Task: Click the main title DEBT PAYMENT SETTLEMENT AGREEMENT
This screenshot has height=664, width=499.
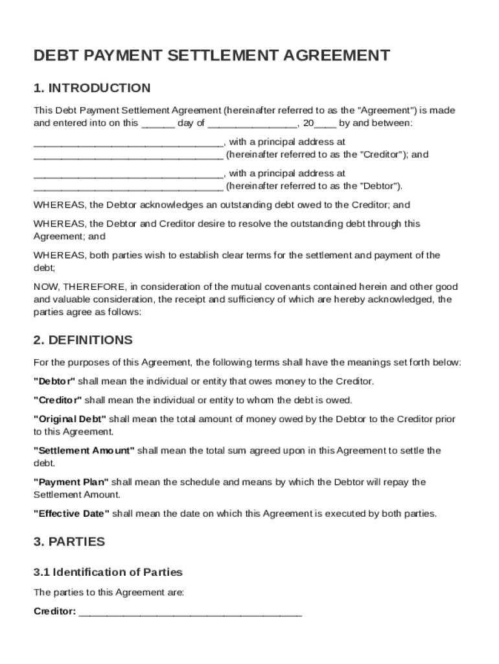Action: pos(212,56)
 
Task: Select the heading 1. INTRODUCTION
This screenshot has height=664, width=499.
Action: pos(92,88)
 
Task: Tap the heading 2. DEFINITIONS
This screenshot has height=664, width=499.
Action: pos(83,340)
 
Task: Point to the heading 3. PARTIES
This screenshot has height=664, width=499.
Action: pos(69,541)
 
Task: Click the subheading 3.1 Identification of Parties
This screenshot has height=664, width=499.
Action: pos(108,572)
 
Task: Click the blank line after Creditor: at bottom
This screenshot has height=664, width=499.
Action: pos(190,611)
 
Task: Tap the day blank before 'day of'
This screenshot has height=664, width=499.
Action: pos(157,123)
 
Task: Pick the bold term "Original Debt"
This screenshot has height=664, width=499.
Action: pos(70,419)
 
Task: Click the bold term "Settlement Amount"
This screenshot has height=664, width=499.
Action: pos(84,450)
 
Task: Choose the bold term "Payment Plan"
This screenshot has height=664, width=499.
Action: pos(71,482)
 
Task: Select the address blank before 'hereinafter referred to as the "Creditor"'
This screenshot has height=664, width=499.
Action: pos(128,155)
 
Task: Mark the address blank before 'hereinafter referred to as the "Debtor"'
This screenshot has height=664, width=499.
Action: pos(128,187)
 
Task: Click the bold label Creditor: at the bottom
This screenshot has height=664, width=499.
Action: pos(55,611)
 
